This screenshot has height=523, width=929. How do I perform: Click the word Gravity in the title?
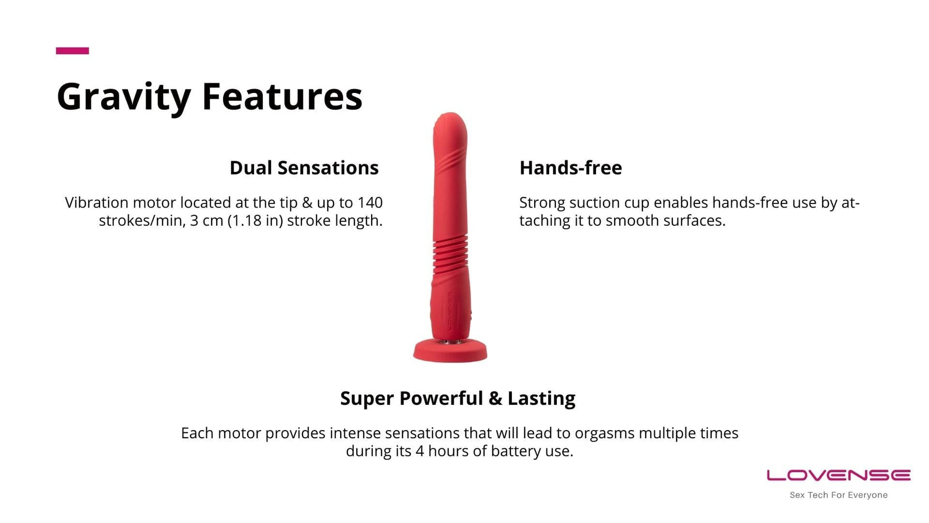(123, 97)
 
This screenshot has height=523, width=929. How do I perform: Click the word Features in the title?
(282, 96)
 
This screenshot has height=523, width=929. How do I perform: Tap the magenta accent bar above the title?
(72, 51)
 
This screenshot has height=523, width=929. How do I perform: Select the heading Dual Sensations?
(304, 168)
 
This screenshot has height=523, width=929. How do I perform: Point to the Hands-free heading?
(570, 168)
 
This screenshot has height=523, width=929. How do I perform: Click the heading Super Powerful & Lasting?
(458, 398)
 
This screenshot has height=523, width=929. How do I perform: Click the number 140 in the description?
(370, 202)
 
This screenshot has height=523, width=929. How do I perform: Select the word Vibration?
(97, 202)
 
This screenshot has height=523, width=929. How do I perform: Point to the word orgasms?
(604, 434)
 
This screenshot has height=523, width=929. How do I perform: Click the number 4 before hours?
(420, 451)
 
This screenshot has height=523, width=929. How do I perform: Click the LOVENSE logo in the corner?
(839, 476)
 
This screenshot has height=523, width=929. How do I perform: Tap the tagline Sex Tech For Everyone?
(839, 495)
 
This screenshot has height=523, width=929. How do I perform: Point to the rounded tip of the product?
(450, 124)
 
